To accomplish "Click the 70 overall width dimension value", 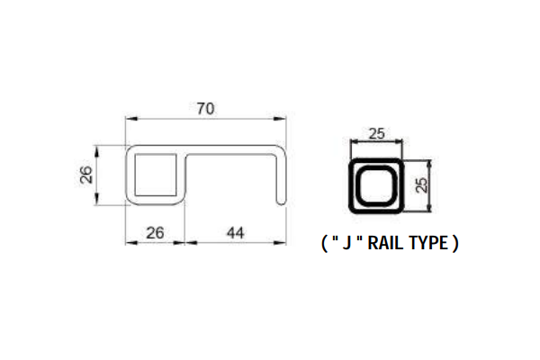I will click(205, 109).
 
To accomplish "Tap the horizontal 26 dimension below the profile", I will click(155, 232).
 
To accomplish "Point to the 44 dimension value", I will click(236, 232).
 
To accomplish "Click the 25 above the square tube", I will click(378, 134).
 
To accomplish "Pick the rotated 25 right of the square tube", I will click(422, 186).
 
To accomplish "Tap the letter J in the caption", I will click(345, 243).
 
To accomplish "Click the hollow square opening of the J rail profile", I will click(155, 175).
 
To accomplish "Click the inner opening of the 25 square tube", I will click(378, 187).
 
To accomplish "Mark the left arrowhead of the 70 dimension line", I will click(129, 118).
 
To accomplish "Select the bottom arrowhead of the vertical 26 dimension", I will click(97, 202).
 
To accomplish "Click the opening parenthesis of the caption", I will click(324, 243).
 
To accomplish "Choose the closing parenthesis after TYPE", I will click(455, 243).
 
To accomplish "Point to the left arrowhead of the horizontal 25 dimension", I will click(354, 142).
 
